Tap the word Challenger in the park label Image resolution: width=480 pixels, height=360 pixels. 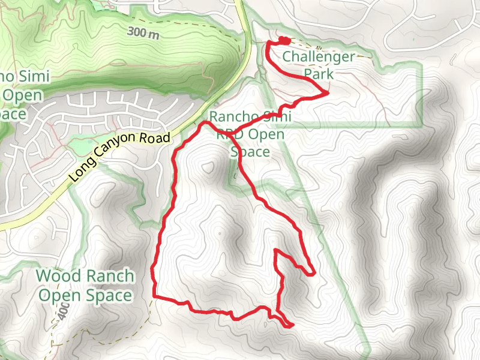[x=319, y=57]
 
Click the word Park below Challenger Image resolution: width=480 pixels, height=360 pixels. [x=319, y=74]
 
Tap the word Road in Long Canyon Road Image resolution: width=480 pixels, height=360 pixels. [x=157, y=139]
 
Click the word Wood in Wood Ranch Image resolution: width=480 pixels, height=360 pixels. [x=57, y=276]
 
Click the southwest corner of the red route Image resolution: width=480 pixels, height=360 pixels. [x=154, y=296]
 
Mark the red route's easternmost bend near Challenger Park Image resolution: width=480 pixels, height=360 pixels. [x=327, y=93]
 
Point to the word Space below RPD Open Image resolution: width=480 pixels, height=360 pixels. [x=250, y=152]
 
